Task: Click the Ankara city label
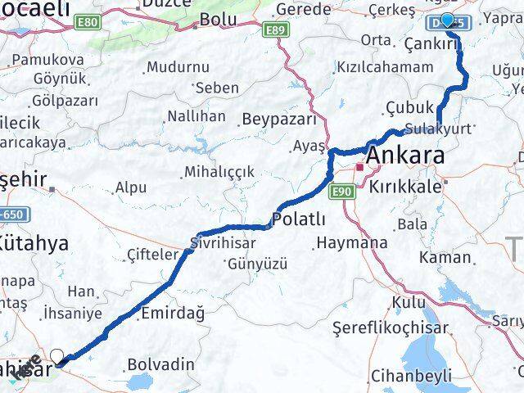click(x=407, y=156)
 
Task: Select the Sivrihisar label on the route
click(x=219, y=242)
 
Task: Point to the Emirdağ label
click(x=172, y=312)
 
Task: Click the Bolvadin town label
click(x=161, y=364)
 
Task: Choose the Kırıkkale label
click(x=405, y=187)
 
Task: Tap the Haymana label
click(x=352, y=242)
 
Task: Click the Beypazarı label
click(x=279, y=119)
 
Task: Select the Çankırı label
click(x=426, y=45)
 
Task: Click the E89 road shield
click(x=277, y=30)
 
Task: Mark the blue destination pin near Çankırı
click(x=447, y=20)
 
